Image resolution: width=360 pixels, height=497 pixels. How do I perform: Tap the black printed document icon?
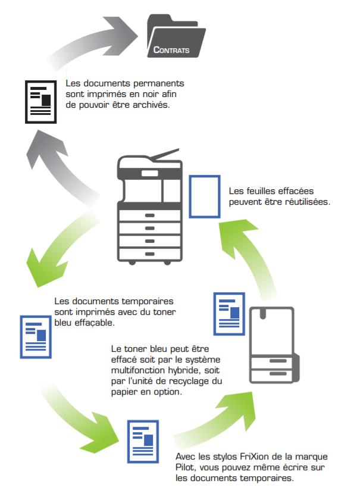coord(41,101)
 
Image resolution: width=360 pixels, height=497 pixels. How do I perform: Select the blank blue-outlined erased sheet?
coord(204,196)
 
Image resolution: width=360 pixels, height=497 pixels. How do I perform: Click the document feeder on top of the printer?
coord(156,157)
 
